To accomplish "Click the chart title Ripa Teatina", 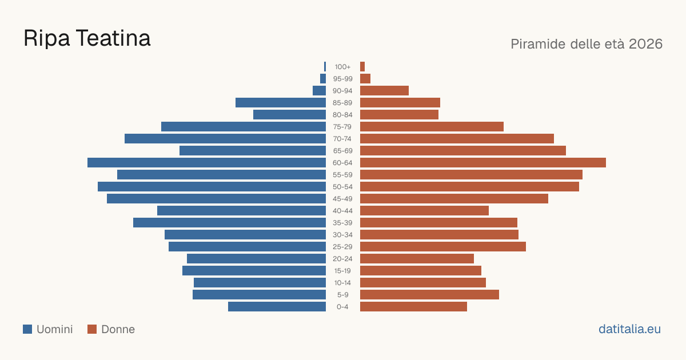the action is pos(87,38).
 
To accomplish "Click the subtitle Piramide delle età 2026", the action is pos(587,44).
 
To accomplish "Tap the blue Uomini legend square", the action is pos(27,329).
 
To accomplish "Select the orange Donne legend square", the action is pos(92,329).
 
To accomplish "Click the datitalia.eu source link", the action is pos(629,329).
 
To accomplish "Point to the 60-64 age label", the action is pos(342,163).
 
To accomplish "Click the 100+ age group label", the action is pos(342,67).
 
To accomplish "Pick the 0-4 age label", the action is pos(342,307).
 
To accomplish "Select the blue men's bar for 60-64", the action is pos(207,162).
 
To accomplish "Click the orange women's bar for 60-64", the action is pos(483,162).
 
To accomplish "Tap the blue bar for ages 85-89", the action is pos(281,102).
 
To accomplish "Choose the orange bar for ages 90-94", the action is pos(384,91).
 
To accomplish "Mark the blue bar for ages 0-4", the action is pos(277,307).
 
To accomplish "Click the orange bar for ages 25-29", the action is pos(443,247).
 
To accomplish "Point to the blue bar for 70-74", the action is pos(225,139).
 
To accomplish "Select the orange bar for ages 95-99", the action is pos(365,79).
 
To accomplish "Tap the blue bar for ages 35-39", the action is pos(229,222).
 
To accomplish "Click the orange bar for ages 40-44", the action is pos(424,211).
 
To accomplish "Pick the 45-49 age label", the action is pos(342,199).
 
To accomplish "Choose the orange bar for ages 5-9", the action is pos(429,295).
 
